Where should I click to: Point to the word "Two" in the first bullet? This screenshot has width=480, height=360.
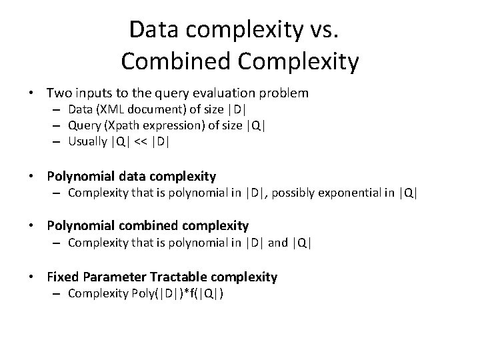pyautogui.click(x=59, y=92)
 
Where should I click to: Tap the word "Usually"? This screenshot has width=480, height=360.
pyautogui.click(x=87, y=141)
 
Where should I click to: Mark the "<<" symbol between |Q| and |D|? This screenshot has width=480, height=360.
pyautogui.click(x=140, y=141)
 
